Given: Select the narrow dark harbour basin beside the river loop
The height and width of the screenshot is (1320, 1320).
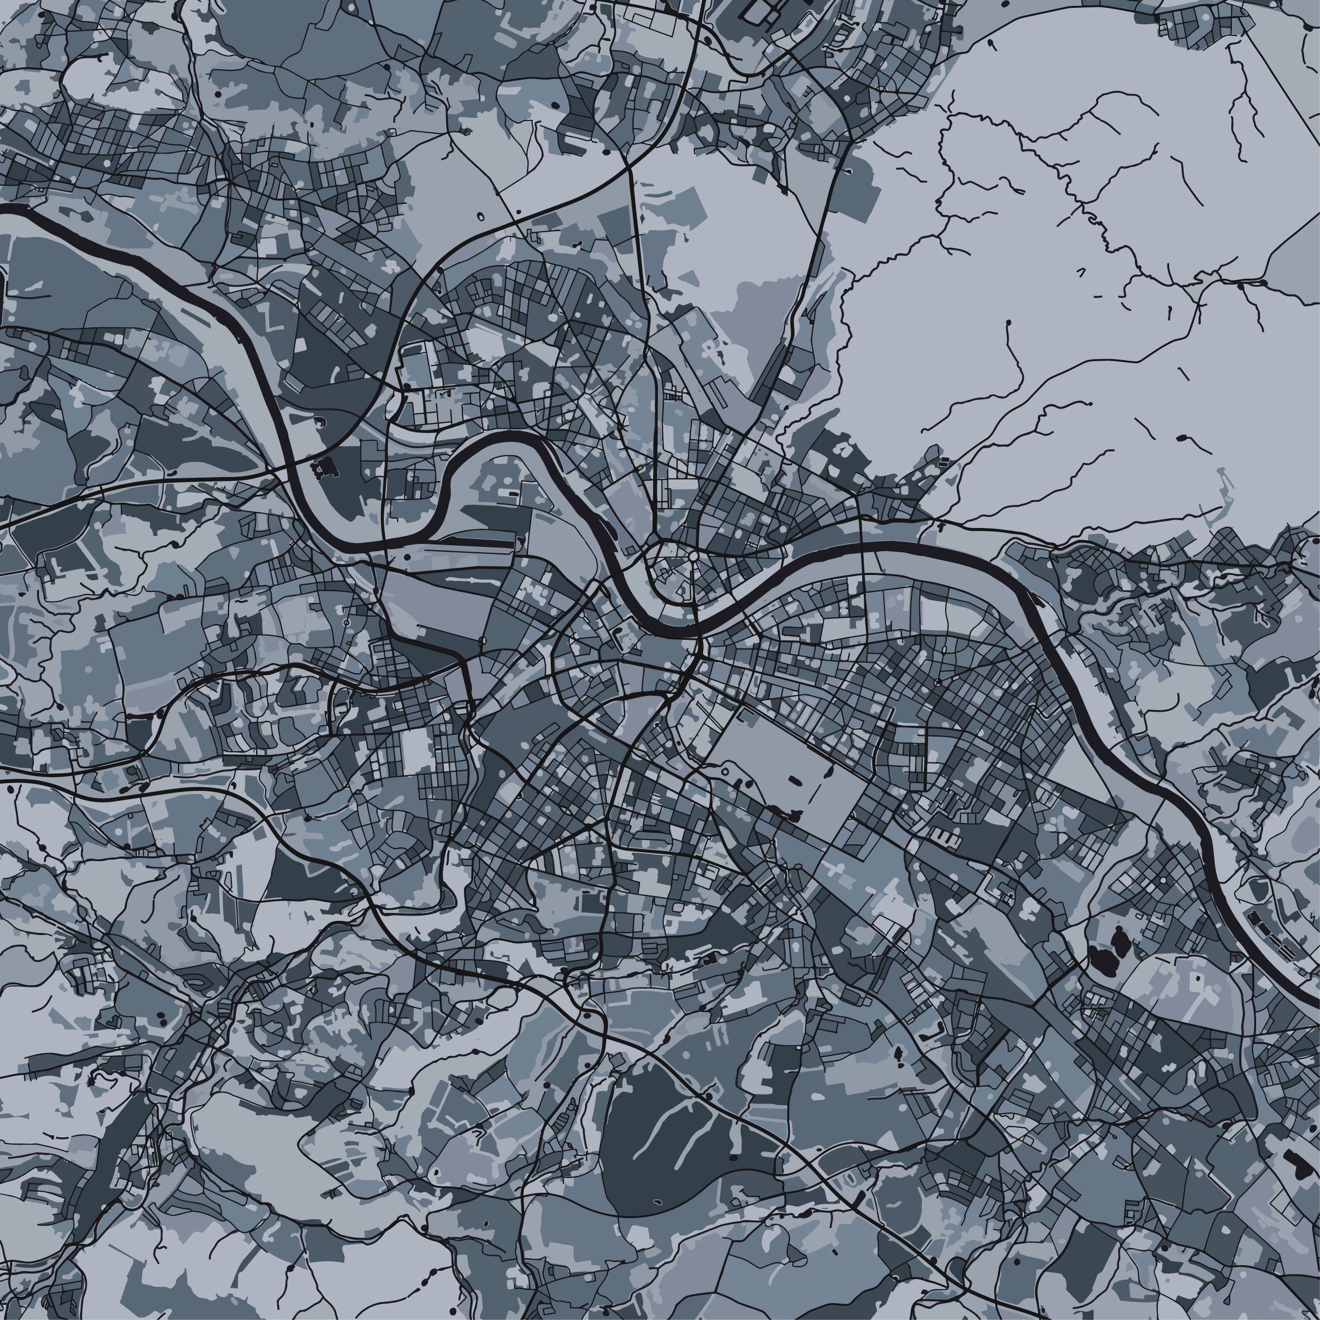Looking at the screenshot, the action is tap(472, 540).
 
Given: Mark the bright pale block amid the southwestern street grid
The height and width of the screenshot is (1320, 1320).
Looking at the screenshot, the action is tap(417, 751).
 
